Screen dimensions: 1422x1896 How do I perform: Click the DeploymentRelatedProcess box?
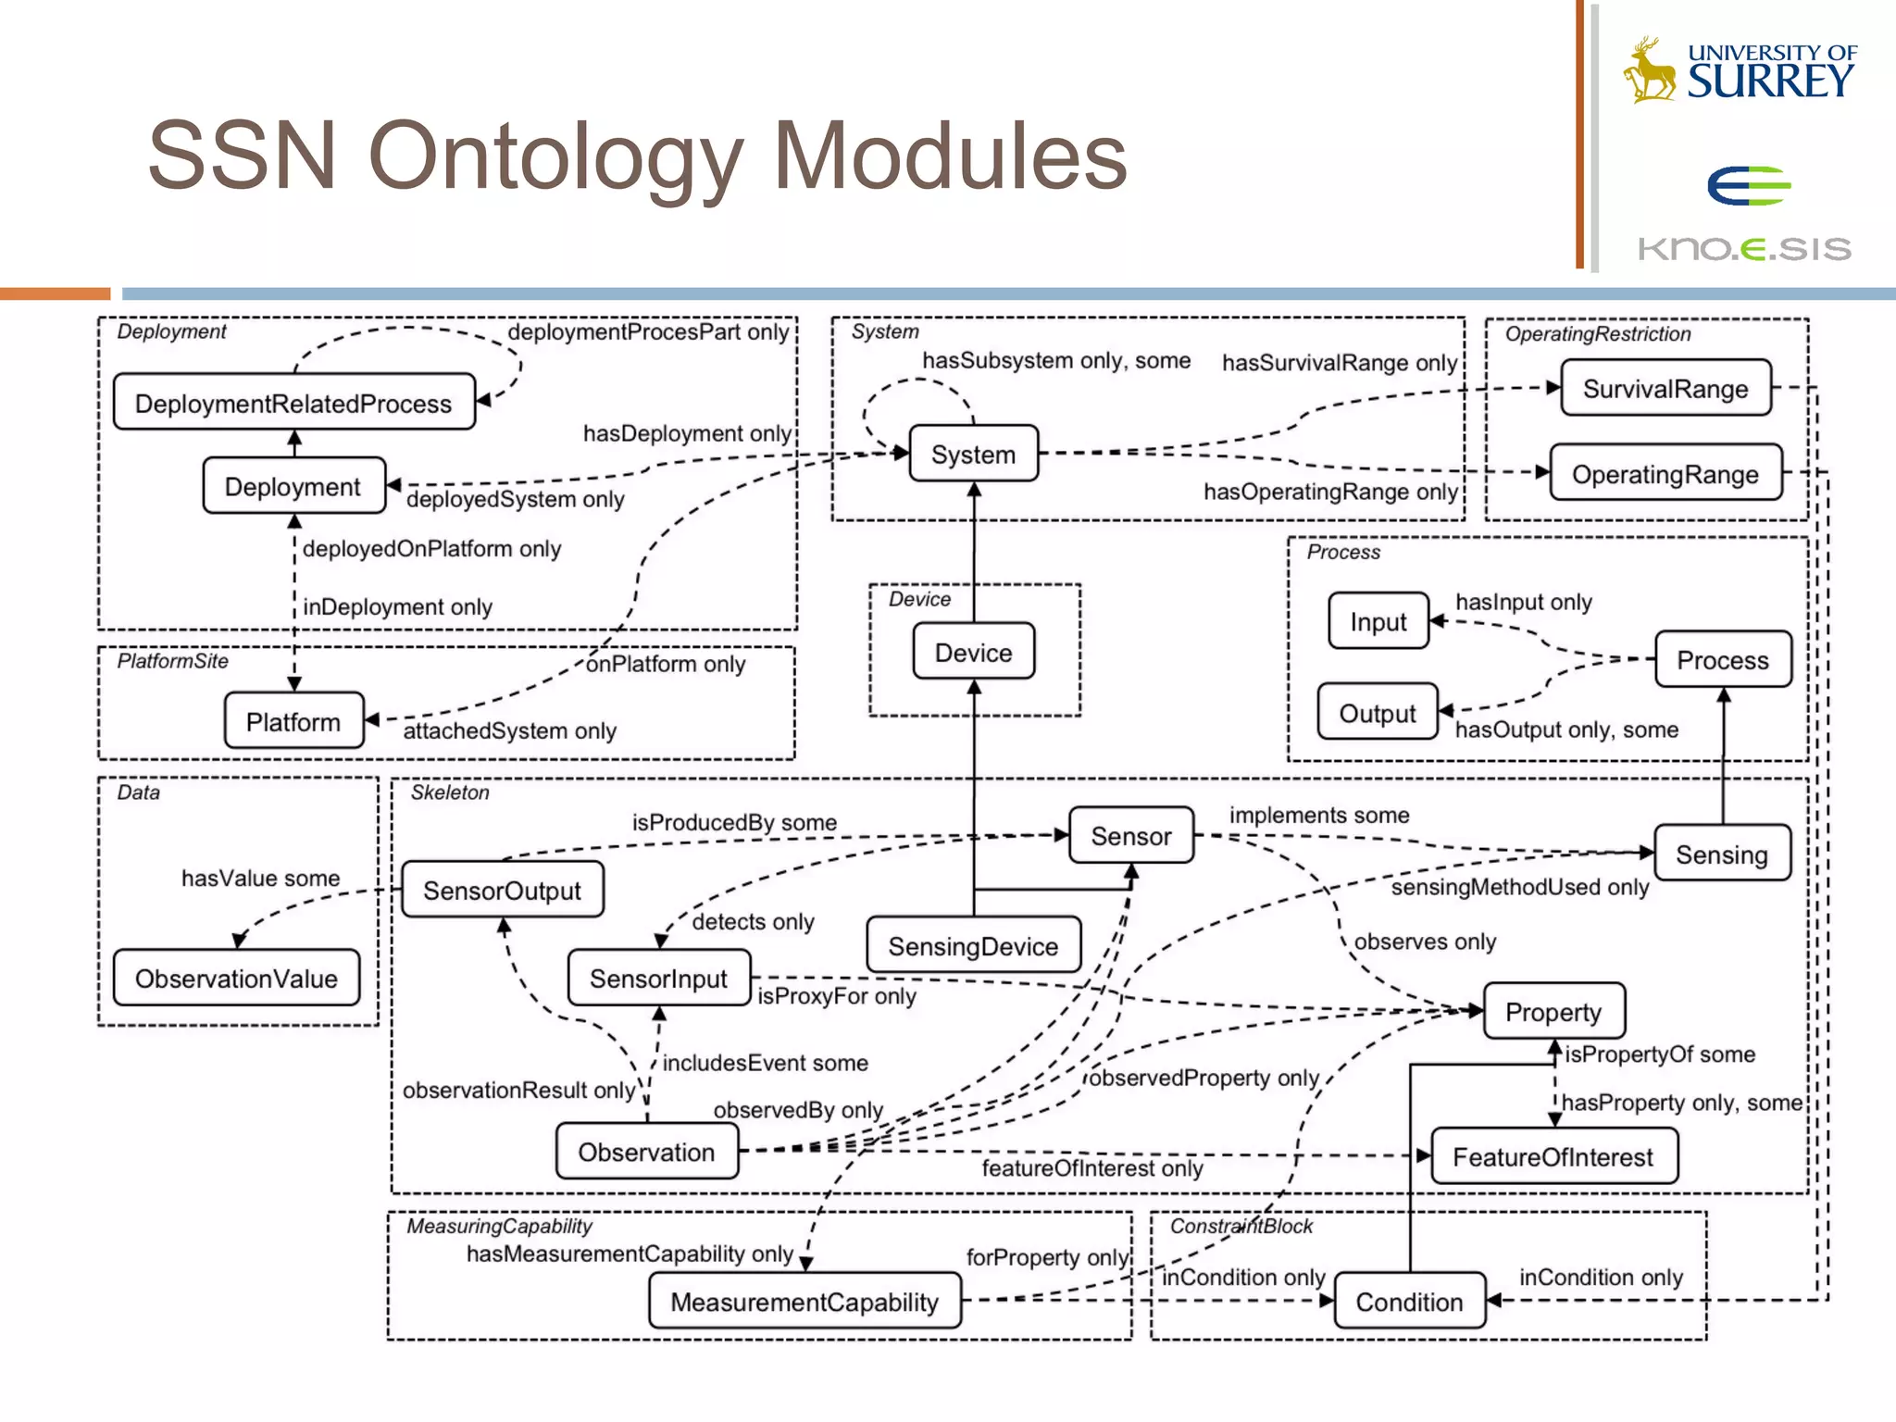293,403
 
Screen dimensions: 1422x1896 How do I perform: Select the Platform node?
293,721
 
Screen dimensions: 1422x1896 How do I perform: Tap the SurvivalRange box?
1665,389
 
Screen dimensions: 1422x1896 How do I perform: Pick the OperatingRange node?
1665,474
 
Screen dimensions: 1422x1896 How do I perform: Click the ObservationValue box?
236,979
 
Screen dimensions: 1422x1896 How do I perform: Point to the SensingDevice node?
973,945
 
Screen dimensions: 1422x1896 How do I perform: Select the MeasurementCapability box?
804,1302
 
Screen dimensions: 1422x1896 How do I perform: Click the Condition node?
1409,1302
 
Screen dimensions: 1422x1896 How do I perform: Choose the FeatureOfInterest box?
1553,1156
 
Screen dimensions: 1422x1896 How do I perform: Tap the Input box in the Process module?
1378,621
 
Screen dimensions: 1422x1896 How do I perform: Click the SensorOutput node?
502,890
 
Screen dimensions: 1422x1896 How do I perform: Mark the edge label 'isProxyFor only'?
837,996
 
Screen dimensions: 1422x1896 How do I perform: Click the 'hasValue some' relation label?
260,878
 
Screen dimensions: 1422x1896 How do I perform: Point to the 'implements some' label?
1318,815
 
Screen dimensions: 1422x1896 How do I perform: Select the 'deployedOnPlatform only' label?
431,548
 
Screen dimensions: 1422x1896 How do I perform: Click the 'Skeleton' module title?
450,792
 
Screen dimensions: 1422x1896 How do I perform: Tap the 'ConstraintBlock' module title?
1241,1226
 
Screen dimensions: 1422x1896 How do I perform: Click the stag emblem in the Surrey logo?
1649,69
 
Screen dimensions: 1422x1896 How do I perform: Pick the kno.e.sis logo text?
1744,248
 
